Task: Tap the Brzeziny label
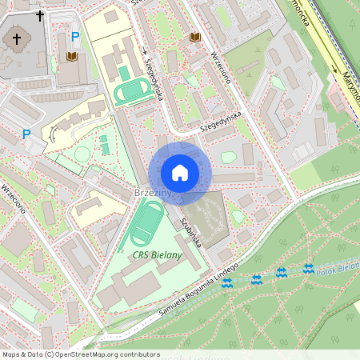tap(152, 194)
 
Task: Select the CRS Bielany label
tap(157, 255)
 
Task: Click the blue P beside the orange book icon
tap(75, 37)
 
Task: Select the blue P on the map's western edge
tap(26, 135)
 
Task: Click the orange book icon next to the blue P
tap(72, 57)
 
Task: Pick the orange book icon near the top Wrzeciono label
tap(194, 38)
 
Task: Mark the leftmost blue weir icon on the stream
tap(227, 285)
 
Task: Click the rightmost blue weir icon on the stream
tap(308, 268)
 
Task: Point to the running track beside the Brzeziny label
tap(144, 223)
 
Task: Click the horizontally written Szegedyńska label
tap(220, 121)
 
